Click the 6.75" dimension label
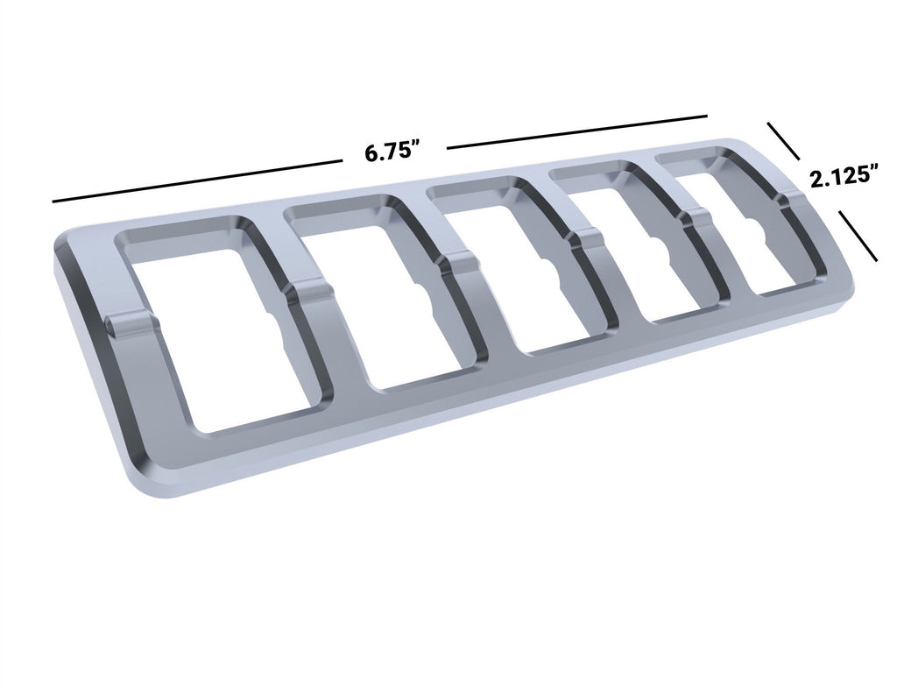point(393,152)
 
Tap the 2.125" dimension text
point(844,179)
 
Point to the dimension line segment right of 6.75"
point(576,130)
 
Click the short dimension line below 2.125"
point(858,236)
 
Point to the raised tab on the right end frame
point(793,203)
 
